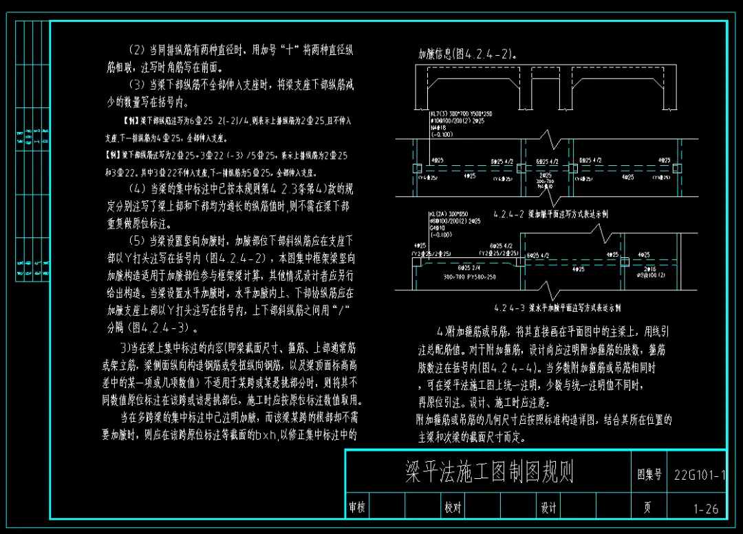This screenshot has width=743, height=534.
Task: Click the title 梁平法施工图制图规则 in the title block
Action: (489, 472)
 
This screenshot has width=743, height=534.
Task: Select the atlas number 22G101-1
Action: (697, 475)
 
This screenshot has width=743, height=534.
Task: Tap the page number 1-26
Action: (706, 509)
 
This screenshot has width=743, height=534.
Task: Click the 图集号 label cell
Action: (649, 475)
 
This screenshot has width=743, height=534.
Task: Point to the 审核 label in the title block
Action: (357, 508)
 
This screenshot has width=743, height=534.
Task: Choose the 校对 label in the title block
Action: (452, 508)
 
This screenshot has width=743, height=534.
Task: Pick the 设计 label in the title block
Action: (548, 508)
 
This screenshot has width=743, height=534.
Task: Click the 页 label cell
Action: (647, 509)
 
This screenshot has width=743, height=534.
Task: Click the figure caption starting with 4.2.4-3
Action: (557, 308)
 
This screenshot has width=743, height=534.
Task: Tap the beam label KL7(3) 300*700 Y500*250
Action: (461, 114)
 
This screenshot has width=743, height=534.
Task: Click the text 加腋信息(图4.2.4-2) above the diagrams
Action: (468, 54)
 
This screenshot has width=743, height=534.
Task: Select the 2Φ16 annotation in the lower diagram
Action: (649, 269)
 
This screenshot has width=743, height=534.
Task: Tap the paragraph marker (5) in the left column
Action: (136, 241)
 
